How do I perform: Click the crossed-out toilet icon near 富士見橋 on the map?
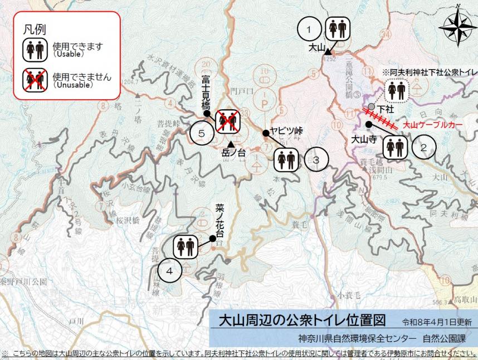click(227, 121)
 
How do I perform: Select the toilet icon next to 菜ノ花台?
click(185, 247)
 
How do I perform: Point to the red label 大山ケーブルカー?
click(432, 127)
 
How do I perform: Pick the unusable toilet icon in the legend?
click(35, 80)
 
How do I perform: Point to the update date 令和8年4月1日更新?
click(437, 322)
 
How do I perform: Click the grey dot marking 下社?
click(372, 106)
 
